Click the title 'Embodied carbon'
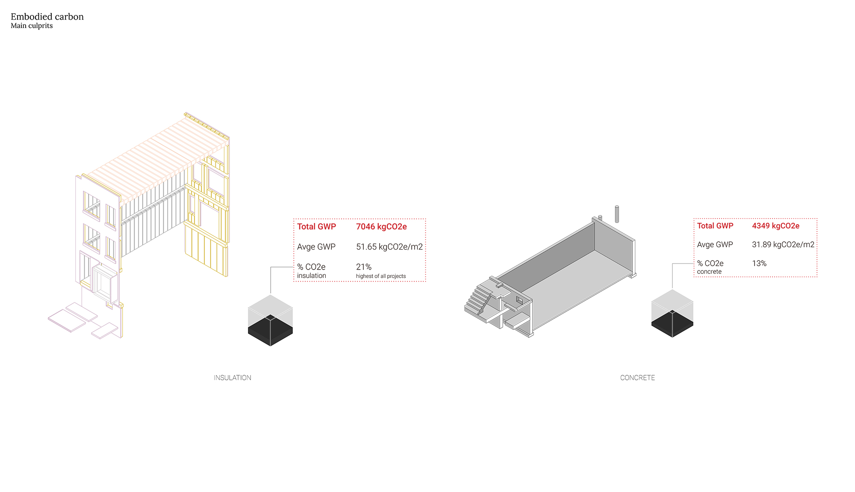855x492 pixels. point(47,17)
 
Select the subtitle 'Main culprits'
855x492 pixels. point(32,26)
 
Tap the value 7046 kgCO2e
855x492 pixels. point(381,227)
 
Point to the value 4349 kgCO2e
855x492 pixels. point(775,226)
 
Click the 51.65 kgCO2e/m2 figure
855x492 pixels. point(389,247)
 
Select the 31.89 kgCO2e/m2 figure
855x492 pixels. point(783,245)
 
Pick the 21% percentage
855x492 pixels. point(364,267)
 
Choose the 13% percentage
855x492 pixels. point(759,264)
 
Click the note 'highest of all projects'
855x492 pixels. point(381,276)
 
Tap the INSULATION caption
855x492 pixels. point(233,378)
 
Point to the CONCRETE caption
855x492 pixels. point(637,378)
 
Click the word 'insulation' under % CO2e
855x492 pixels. point(312,276)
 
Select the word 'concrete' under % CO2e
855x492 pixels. point(709,272)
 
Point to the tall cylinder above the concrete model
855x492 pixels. point(617,214)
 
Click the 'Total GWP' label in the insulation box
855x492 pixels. point(317,227)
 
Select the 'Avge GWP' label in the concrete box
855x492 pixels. point(715,245)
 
